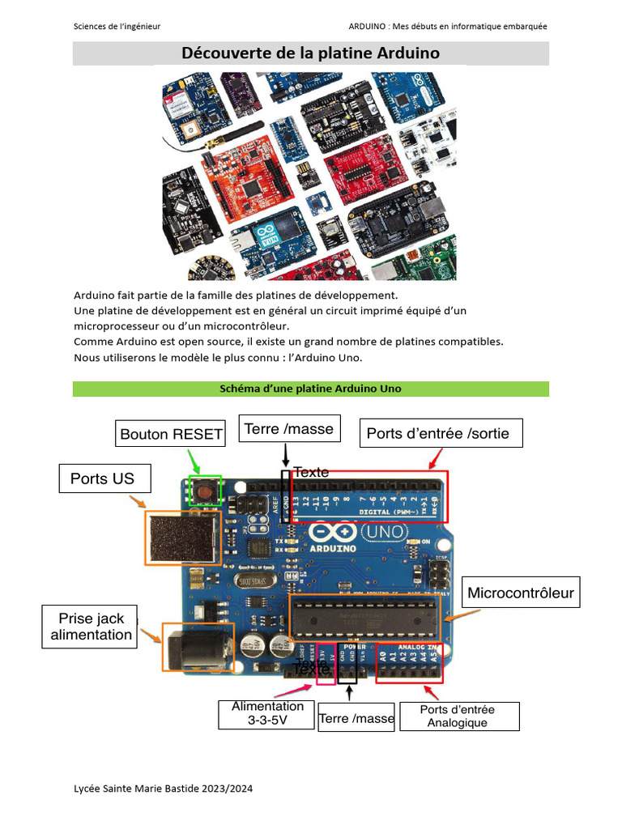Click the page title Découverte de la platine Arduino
point(310,53)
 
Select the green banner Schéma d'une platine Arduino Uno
point(310,389)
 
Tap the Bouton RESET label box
point(171,434)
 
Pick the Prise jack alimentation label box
point(89,627)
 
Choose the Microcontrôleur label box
point(521,593)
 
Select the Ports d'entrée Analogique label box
point(458,716)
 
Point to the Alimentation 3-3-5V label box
point(266,713)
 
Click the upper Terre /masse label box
point(289,429)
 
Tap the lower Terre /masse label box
point(356,718)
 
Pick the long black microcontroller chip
point(364,619)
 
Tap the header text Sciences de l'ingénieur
point(117,26)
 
